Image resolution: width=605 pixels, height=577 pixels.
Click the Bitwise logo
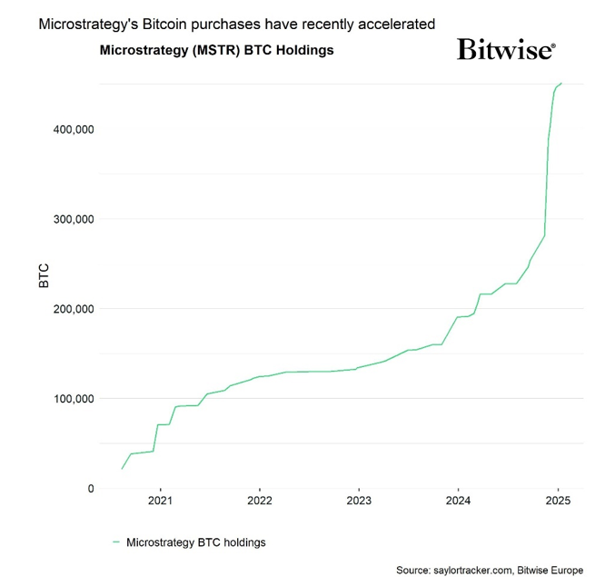click(x=506, y=49)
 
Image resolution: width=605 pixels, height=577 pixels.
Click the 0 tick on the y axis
click(x=89, y=489)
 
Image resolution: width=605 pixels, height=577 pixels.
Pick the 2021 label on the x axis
click(x=160, y=501)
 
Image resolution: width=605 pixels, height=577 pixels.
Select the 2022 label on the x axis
click(x=260, y=501)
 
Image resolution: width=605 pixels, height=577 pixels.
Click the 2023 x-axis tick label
click(x=359, y=501)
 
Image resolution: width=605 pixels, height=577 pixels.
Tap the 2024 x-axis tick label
click(x=459, y=501)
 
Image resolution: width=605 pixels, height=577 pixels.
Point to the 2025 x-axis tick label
click(x=558, y=501)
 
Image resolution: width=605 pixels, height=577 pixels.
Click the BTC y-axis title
click(x=44, y=275)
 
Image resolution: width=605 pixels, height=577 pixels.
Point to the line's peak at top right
click(x=561, y=84)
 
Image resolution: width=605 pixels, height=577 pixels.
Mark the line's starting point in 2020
click(x=122, y=469)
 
